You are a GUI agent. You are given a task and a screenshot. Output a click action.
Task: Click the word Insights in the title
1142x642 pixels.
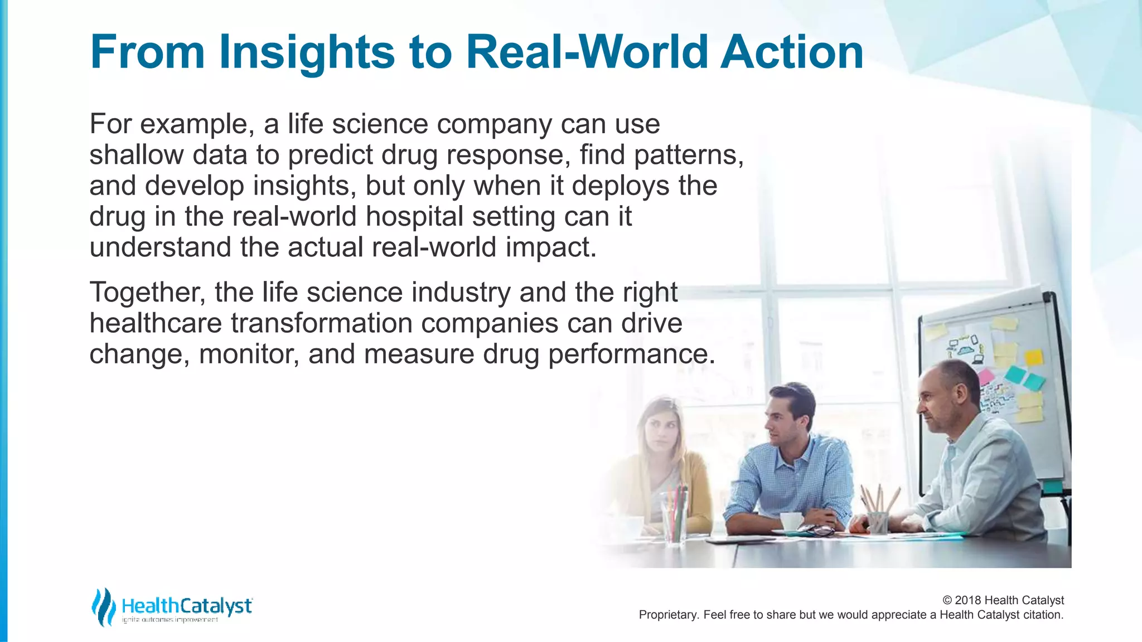click(x=307, y=53)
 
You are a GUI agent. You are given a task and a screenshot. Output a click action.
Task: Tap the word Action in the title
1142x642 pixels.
click(x=791, y=52)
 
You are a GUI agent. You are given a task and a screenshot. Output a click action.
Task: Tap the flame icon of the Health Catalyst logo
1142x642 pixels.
click(x=103, y=607)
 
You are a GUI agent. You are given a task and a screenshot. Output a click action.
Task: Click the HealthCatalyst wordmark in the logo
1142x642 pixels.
click(x=187, y=605)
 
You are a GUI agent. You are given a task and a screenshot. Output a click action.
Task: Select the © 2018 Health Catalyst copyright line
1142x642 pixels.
click(x=1003, y=600)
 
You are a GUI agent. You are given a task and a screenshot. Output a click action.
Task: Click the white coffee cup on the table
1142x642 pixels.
click(x=791, y=522)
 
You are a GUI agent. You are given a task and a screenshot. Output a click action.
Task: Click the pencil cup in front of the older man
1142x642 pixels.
click(x=878, y=521)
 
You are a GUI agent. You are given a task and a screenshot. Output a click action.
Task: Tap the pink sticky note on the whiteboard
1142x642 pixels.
click(x=986, y=376)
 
